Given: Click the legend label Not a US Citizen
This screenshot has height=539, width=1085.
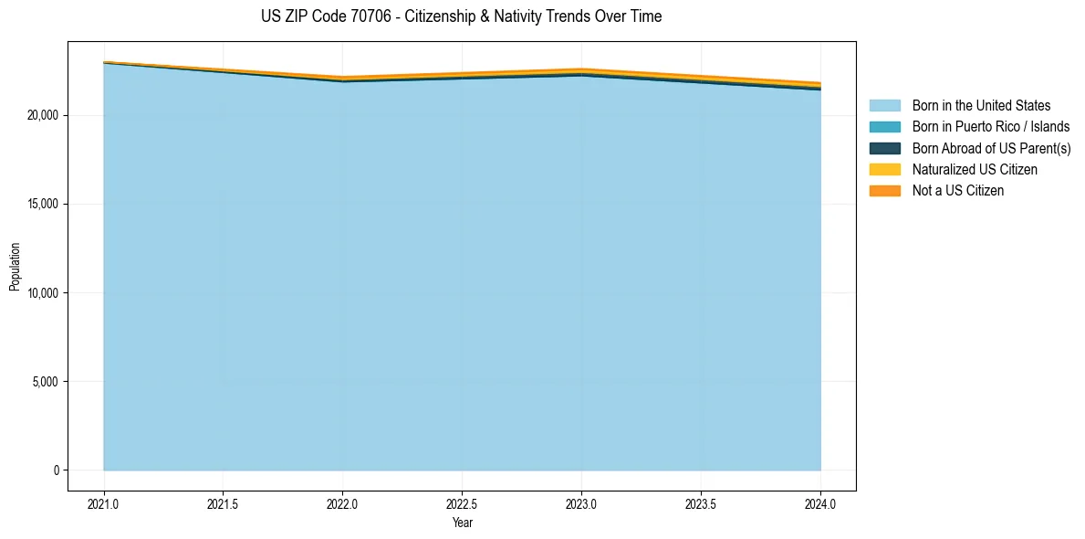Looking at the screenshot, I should pos(958,191).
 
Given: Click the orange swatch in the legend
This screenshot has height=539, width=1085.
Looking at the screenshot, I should pos(884,191).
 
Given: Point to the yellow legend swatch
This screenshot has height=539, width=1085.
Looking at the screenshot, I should pos(884,170).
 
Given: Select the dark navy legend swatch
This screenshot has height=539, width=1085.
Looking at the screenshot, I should pos(884,148).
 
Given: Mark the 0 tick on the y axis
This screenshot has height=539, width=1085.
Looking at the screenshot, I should pos(56,470).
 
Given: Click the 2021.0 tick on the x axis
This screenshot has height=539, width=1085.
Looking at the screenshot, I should pos(104,503).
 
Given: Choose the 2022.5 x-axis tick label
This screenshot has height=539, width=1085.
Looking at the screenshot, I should pos(462,503).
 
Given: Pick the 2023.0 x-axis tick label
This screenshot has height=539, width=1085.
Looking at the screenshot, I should pos(581,503).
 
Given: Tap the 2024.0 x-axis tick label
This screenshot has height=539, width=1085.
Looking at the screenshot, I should pos(820,503).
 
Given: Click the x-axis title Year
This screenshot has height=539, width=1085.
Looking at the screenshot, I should pos(462,523).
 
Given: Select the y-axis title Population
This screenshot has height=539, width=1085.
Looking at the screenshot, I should pos(15,266).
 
